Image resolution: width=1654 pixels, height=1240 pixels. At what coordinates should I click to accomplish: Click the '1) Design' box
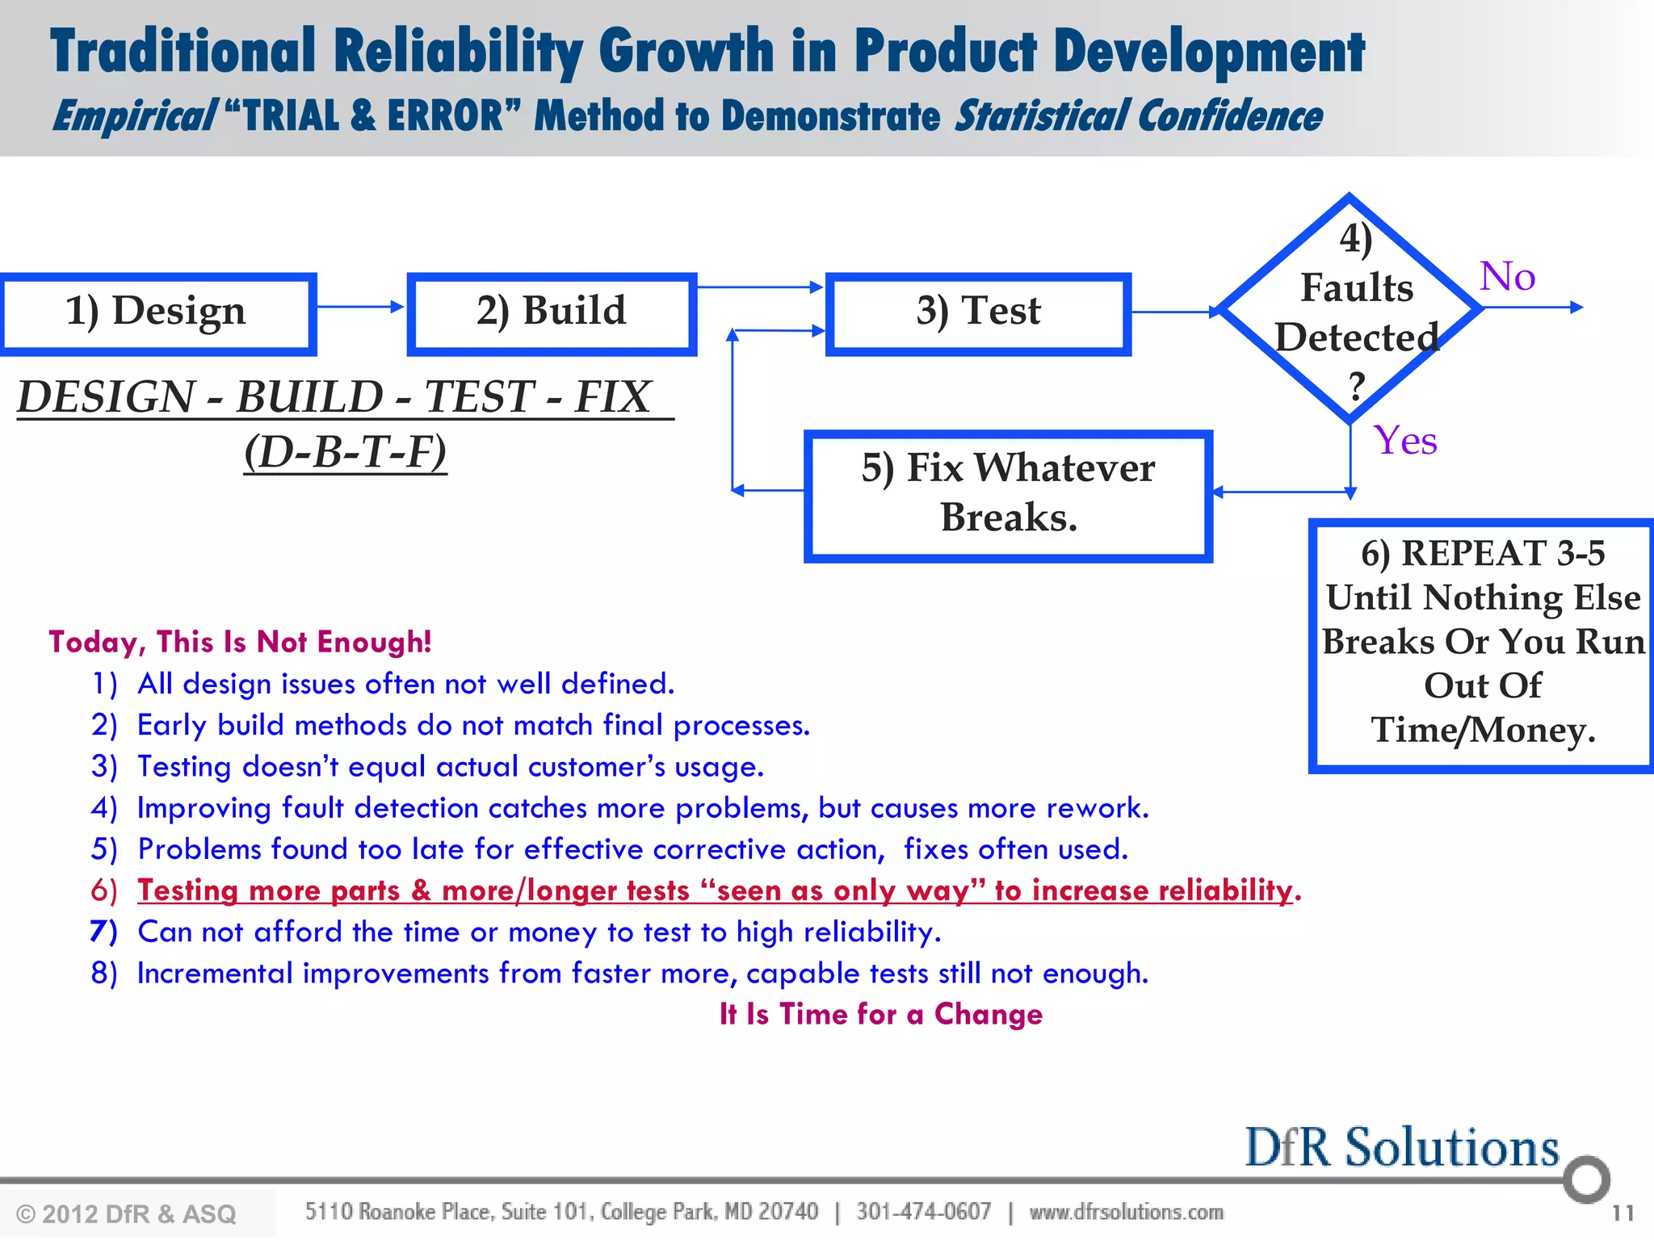coord(157,313)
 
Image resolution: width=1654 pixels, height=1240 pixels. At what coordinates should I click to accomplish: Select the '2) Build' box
coord(552,313)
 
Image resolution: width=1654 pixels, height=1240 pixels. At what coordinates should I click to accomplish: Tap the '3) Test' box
coord(978,313)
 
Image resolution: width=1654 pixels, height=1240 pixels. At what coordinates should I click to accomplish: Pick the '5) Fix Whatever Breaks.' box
coord(1008,494)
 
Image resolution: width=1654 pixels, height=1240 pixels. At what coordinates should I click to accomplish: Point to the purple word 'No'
coord(1507,277)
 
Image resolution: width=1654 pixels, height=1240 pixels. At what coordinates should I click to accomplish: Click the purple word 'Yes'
coord(1406,442)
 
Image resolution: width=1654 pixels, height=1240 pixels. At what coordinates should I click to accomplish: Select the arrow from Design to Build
coord(360,307)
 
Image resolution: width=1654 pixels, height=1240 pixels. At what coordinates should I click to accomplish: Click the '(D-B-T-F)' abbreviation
coord(346,452)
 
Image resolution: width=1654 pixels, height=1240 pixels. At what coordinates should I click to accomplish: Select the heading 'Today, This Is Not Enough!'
coord(240,642)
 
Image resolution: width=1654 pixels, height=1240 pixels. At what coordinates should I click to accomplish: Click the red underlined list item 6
coord(715,890)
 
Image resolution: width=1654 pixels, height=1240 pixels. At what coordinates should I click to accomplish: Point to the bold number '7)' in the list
coord(104,932)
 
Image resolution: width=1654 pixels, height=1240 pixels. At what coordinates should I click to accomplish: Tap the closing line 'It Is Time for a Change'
coord(880,1014)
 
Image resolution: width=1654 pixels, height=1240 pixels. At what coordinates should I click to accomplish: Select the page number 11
coord(1622,1213)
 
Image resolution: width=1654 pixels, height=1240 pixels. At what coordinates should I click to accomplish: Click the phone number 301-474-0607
coord(923,1212)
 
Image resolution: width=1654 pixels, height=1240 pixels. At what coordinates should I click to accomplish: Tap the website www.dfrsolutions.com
coord(1126,1212)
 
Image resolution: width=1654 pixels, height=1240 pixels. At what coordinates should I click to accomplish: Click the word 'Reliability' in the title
coord(457,51)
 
